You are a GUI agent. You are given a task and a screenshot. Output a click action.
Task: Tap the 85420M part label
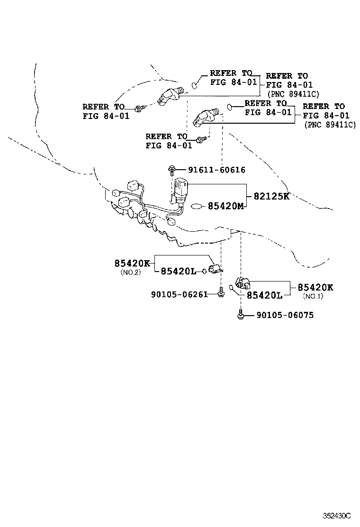pyautogui.click(x=226, y=207)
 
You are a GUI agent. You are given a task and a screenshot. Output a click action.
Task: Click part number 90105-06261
pyautogui.click(x=180, y=295)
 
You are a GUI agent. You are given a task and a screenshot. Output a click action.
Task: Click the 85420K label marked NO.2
pyautogui.click(x=132, y=263)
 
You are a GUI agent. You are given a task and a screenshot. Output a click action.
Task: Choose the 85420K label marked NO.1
pyautogui.click(x=315, y=287)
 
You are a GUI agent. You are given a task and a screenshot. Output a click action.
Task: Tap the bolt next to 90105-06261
pyautogui.click(x=221, y=295)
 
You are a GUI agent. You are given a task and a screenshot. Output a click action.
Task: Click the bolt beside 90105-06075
pyautogui.click(x=241, y=315)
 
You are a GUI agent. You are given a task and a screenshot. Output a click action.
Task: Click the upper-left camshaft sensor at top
pyautogui.click(x=170, y=95)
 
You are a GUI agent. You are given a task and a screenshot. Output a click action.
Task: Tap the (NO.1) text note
pyautogui.click(x=313, y=296)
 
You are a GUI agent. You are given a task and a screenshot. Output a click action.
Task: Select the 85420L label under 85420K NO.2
pyautogui.click(x=178, y=271)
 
